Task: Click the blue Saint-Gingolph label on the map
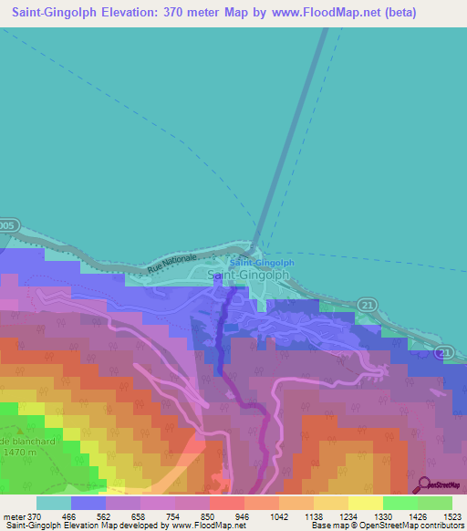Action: pyautogui.click(x=254, y=263)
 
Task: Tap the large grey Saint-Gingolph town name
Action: pyautogui.click(x=249, y=274)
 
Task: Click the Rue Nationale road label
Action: pyautogui.click(x=173, y=265)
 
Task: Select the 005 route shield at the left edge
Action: pyautogui.click(x=7, y=224)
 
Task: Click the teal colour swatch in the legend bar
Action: pyautogui.click(x=54, y=504)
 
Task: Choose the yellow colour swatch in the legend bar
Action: pyautogui.click(x=365, y=504)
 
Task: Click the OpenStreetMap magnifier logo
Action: pyautogui.click(x=422, y=484)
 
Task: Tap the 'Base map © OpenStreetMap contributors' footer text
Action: pyautogui.click(x=383, y=525)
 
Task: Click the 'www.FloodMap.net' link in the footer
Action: pyautogui.click(x=202, y=525)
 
